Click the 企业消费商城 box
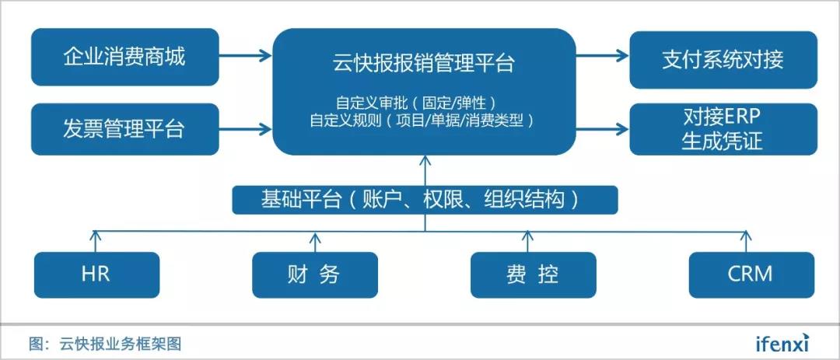125,57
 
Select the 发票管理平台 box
125,129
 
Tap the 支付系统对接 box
723,59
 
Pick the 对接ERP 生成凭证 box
723,129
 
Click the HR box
96,274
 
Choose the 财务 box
315,274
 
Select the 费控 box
533,274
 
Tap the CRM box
751,274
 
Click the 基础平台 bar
425,200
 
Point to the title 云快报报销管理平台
424,63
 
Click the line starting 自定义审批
415,102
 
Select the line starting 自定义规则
422,120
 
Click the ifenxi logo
782,342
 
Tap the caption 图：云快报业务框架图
106,343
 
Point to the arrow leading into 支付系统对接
602,54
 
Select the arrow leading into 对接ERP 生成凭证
602,128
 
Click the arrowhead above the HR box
96,234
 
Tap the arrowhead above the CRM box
746,234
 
